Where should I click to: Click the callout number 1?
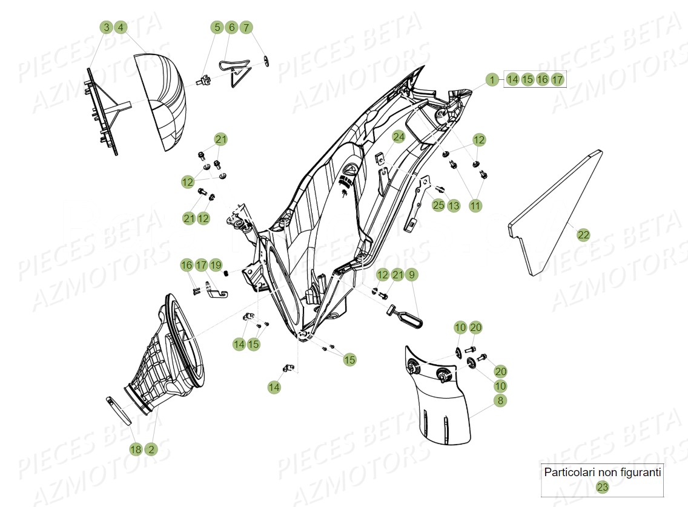pos(493,79)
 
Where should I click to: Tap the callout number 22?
pos(583,235)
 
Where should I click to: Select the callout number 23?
pos(602,486)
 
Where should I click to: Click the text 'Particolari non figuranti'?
pos(602,472)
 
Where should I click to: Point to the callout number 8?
pos(500,401)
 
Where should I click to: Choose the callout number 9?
pos(411,275)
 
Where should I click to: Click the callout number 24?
pos(398,137)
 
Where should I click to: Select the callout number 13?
pos(454,206)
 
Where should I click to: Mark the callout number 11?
pos(475,206)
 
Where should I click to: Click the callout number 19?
pos(216,265)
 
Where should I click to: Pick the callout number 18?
pos(136,449)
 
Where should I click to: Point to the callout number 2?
pos(150,449)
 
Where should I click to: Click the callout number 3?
pos(107,27)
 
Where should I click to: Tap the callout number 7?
pos(245,27)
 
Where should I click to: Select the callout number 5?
pos(217,27)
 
